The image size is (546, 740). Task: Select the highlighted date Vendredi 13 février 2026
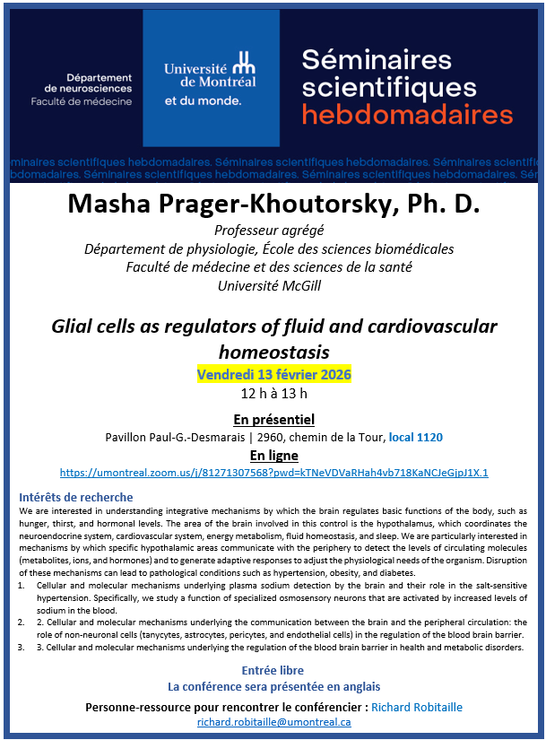[273, 373]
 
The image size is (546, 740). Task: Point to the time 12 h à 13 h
[273, 393]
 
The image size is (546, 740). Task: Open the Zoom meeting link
[273, 472]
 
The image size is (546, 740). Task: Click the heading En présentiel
[273, 419]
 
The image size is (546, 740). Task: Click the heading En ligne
[273, 455]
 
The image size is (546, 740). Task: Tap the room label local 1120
[415, 437]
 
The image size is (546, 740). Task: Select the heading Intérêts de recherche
[75, 497]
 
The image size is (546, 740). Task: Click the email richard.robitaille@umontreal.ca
[273, 721]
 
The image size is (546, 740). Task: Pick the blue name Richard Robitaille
[417, 707]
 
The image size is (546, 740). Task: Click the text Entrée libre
[273, 670]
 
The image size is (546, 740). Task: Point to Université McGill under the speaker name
[273, 285]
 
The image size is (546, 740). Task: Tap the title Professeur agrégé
[273, 231]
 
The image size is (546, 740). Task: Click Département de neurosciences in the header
[87, 82]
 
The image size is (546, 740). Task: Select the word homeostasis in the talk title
[273, 351]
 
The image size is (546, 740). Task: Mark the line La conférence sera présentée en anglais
[273, 687]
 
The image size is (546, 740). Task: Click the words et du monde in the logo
[203, 101]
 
